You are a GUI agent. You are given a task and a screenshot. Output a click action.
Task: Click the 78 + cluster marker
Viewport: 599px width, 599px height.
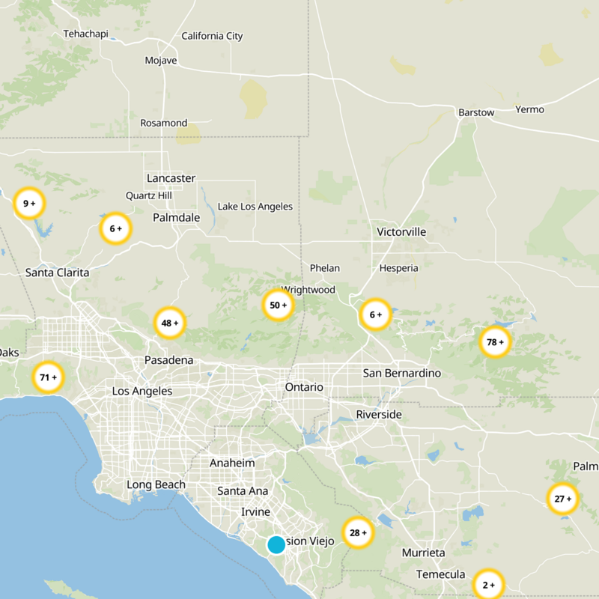495,342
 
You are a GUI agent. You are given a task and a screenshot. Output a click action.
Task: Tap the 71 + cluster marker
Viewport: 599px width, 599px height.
48,377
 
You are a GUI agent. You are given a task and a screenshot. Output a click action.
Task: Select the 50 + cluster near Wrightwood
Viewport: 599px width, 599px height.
277,305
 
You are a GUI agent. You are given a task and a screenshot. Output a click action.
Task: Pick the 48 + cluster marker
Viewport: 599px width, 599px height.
169,323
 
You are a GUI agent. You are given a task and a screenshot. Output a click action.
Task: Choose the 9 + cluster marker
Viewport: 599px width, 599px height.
29,203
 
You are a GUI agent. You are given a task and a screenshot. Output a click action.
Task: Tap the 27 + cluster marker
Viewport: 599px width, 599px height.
562,498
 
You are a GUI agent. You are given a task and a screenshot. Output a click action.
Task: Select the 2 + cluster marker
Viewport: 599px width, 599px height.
488,585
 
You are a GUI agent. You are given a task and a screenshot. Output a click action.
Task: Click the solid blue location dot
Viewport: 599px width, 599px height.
276,544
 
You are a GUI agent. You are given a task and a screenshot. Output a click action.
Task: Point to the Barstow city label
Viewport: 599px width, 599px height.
476,112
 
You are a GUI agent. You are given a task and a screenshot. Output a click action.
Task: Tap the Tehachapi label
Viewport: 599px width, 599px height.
86,34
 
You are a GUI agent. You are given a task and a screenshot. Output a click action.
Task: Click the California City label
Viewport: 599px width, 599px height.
213,36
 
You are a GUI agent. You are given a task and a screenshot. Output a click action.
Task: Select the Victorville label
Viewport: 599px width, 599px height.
401,232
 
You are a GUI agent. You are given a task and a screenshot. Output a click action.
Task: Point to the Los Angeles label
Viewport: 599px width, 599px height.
142,391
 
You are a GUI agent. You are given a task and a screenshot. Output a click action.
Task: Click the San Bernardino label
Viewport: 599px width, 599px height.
402,373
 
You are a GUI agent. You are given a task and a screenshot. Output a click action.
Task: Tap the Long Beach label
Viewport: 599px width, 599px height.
156,484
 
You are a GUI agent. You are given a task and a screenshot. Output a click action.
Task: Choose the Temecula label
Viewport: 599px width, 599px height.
441,574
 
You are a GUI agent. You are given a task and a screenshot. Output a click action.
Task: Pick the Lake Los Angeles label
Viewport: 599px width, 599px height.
255,207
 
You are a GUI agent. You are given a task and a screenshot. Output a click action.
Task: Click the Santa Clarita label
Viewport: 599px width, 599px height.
57,273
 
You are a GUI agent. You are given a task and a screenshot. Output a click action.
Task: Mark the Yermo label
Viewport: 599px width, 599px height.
529,109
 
